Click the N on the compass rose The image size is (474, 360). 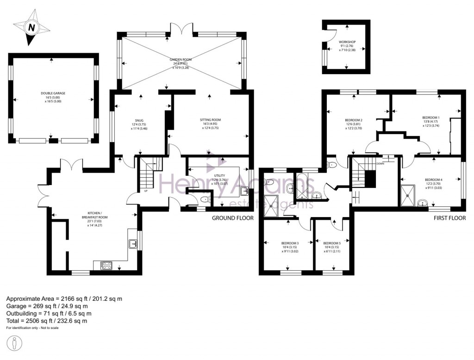click(31, 28)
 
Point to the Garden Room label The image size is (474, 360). click(180, 60)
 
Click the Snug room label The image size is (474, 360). click(139, 121)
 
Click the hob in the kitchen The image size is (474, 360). click(106, 265)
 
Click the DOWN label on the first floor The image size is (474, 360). click(380, 163)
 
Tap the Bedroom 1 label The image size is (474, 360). click(430, 118)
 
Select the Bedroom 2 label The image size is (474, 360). click(353, 120)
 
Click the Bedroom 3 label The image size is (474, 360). click(290, 243)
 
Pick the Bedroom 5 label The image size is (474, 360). click(331, 243)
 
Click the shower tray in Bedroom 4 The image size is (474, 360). click(409, 196)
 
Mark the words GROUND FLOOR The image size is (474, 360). click(233, 217)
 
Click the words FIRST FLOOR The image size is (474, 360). click(449, 217)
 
